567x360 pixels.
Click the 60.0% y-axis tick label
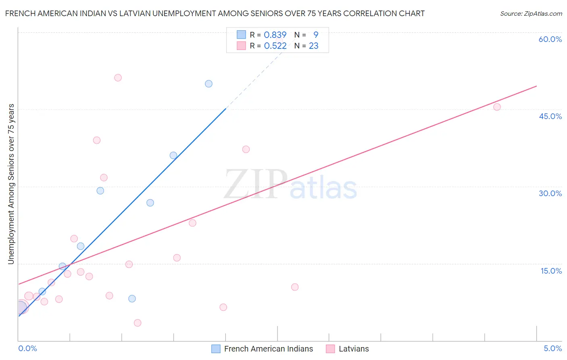pyautogui.click(x=550, y=39)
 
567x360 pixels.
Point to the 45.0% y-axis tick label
pyautogui.click(x=550, y=116)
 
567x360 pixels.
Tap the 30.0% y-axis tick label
pyautogui.click(x=550, y=193)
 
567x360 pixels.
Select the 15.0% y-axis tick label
pyautogui.click(x=551, y=271)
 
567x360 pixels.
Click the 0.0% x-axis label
pyautogui.click(x=27, y=348)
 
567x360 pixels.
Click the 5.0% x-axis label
pyautogui.click(x=552, y=348)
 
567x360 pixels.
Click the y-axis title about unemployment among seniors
pyautogui.click(x=11, y=184)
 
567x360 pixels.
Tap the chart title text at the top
pyautogui.click(x=215, y=13)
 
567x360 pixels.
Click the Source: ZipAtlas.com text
pyautogui.click(x=531, y=13)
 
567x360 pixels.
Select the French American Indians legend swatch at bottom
pyautogui.click(x=216, y=349)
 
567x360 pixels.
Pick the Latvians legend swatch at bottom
pyautogui.click(x=331, y=349)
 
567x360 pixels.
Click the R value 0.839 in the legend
pyautogui.click(x=275, y=35)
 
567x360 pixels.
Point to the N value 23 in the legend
pyautogui.click(x=313, y=46)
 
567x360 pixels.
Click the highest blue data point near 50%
pyautogui.click(x=208, y=84)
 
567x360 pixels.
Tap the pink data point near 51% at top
pyautogui.click(x=118, y=77)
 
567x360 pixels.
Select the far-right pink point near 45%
pyautogui.click(x=497, y=107)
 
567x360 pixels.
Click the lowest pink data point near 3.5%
pyautogui.click(x=138, y=323)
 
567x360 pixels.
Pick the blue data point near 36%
pyautogui.click(x=173, y=155)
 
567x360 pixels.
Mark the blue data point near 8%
pyautogui.click(x=132, y=299)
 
